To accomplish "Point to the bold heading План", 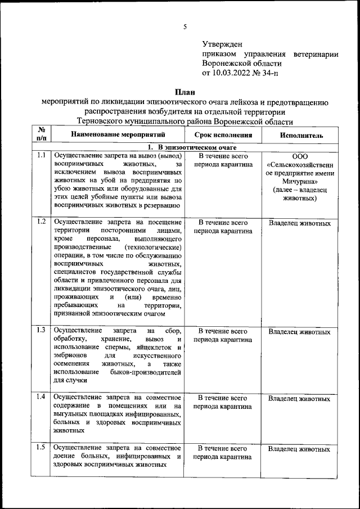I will click(x=185, y=92).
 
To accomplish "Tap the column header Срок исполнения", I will click(x=223, y=136).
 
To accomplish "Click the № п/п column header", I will click(x=41, y=135).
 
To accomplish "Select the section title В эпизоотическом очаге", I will click(x=186, y=146).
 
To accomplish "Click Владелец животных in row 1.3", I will click(x=299, y=332).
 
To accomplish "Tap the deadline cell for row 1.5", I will click(x=223, y=453).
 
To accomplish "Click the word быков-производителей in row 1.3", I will click(x=148, y=372).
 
